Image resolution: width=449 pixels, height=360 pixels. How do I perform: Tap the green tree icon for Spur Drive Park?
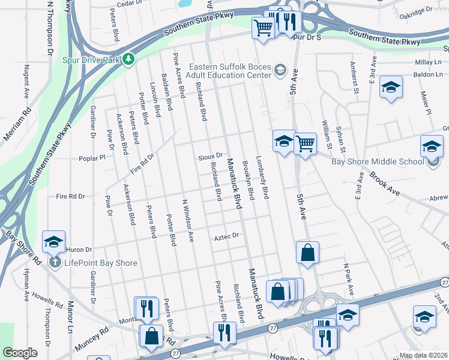tap(128, 59)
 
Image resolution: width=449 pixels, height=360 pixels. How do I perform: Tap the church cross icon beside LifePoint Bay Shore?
tap(54, 262)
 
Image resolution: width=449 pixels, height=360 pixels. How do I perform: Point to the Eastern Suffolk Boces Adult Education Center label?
tap(231, 71)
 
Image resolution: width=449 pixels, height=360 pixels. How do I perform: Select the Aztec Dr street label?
tap(227, 237)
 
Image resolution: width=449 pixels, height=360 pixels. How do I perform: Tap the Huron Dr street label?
tap(79, 250)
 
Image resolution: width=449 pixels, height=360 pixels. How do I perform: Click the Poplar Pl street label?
tap(92, 158)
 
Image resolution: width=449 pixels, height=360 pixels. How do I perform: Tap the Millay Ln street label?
tap(427, 62)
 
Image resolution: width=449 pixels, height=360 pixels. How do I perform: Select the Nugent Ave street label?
tap(26, 82)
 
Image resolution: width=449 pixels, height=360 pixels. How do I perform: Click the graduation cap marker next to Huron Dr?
tap(53, 242)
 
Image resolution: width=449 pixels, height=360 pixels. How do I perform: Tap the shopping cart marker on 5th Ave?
tap(305, 144)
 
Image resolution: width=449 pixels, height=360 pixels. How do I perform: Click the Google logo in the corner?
tap(20, 353)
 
